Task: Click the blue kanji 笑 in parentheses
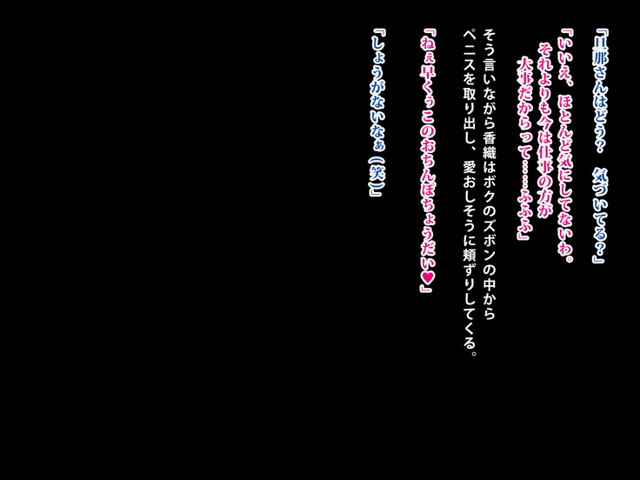(376, 174)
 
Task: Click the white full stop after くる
(473, 353)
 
